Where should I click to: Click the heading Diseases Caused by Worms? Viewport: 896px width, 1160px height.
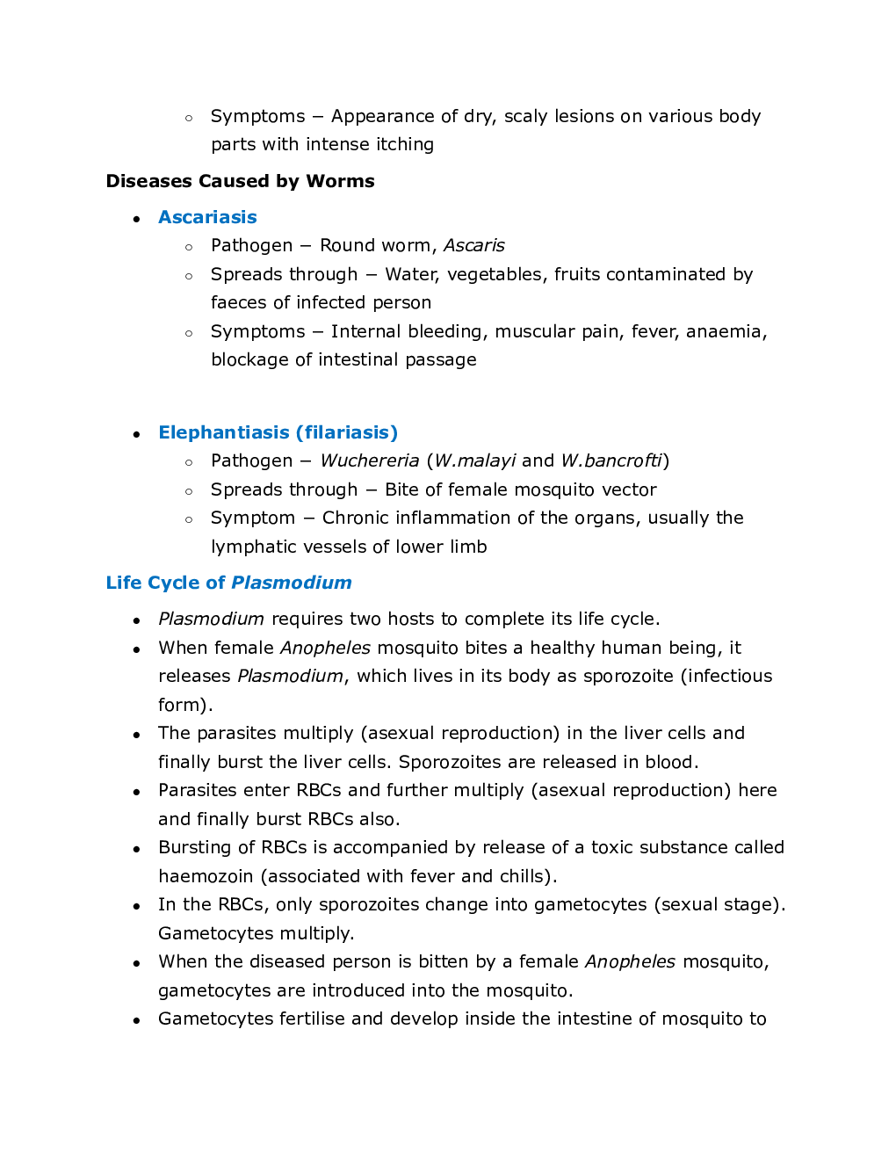(x=240, y=181)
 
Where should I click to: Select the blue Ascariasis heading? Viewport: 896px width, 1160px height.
(x=207, y=217)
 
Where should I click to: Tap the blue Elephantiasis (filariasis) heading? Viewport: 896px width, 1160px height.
(x=278, y=432)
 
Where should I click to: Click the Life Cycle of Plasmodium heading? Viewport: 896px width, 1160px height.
(x=228, y=583)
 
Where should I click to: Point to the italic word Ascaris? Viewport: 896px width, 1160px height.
(x=473, y=245)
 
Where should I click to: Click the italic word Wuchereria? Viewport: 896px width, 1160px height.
(x=369, y=460)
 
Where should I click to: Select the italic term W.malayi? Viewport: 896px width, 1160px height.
(x=475, y=460)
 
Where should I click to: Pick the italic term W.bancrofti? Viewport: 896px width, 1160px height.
(x=611, y=460)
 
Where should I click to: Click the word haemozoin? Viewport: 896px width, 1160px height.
(x=206, y=876)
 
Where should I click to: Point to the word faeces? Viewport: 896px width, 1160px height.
(x=238, y=302)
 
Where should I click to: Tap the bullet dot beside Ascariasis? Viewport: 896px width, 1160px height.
(x=136, y=219)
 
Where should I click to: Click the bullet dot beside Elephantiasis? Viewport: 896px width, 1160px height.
(x=136, y=434)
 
